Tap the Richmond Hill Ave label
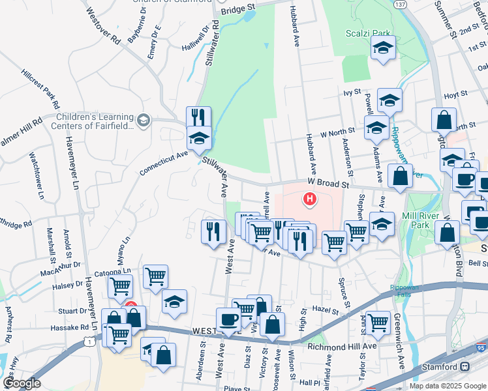[x=342, y=346]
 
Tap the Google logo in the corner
[x=22, y=383]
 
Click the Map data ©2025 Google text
[x=448, y=386]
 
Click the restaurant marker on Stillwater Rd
[x=198, y=117]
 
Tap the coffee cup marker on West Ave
[x=228, y=319]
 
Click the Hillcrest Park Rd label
[x=41, y=87]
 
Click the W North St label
[x=337, y=133]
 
